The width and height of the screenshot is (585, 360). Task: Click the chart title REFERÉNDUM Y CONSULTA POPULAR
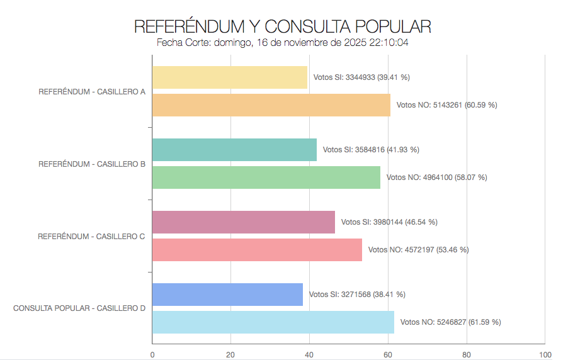(283, 26)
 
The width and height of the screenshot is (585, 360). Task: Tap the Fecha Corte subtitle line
(283, 43)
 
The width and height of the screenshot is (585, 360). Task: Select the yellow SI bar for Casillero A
(230, 77)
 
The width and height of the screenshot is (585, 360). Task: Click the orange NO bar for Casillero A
(271, 105)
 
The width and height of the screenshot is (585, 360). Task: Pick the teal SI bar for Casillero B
(234, 150)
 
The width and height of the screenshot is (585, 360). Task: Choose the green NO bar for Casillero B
(266, 177)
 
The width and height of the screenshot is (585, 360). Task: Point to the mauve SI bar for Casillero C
(244, 222)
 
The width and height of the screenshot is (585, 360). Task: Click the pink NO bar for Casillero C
(257, 250)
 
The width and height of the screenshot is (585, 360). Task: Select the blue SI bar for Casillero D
(227, 295)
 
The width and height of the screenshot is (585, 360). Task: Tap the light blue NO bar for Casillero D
(273, 322)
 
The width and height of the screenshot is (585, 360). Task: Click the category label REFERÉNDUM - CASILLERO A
(92, 91)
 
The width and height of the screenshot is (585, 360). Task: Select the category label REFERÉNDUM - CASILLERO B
(92, 164)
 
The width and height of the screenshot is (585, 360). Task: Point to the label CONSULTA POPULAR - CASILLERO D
(79, 308)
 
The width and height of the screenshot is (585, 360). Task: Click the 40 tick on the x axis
(309, 354)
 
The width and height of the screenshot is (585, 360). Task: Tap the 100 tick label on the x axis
(545, 354)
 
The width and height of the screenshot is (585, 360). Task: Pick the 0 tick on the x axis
(152, 354)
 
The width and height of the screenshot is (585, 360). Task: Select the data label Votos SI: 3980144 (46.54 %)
(389, 222)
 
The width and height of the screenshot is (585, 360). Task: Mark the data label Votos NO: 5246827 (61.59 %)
(450, 322)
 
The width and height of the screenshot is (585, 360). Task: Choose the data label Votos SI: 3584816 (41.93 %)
(371, 150)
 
